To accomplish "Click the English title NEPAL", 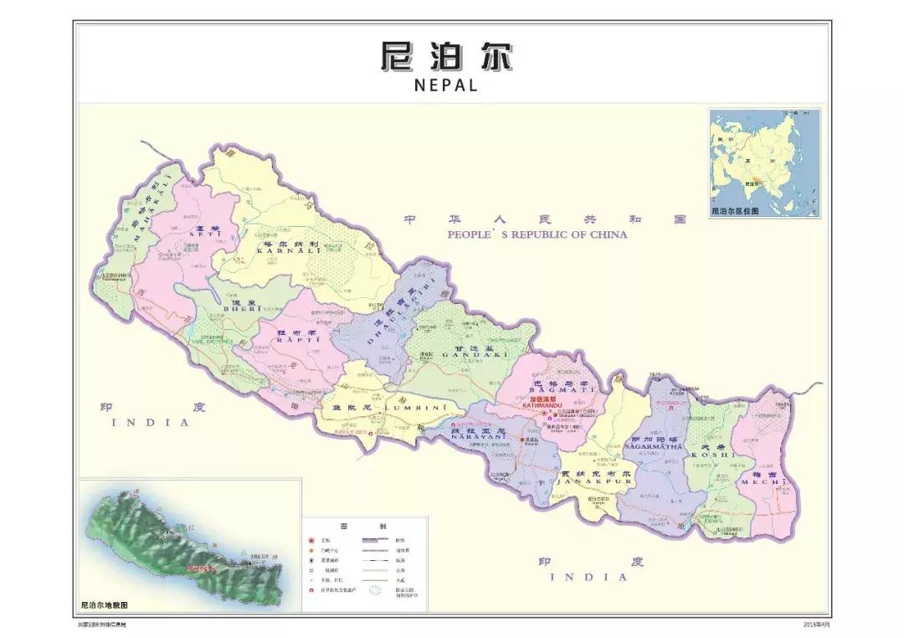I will click(x=445, y=85).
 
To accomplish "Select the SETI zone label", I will click(x=203, y=234).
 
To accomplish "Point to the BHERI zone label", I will click(x=243, y=310).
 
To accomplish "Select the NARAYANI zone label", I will click(x=475, y=436).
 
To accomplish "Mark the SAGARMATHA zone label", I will click(x=653, y=447).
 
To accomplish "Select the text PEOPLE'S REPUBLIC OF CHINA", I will click(x=537, y=235).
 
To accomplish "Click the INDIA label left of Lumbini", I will click(x=151, y=423).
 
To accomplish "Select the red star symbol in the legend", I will click(x=311, y=540).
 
